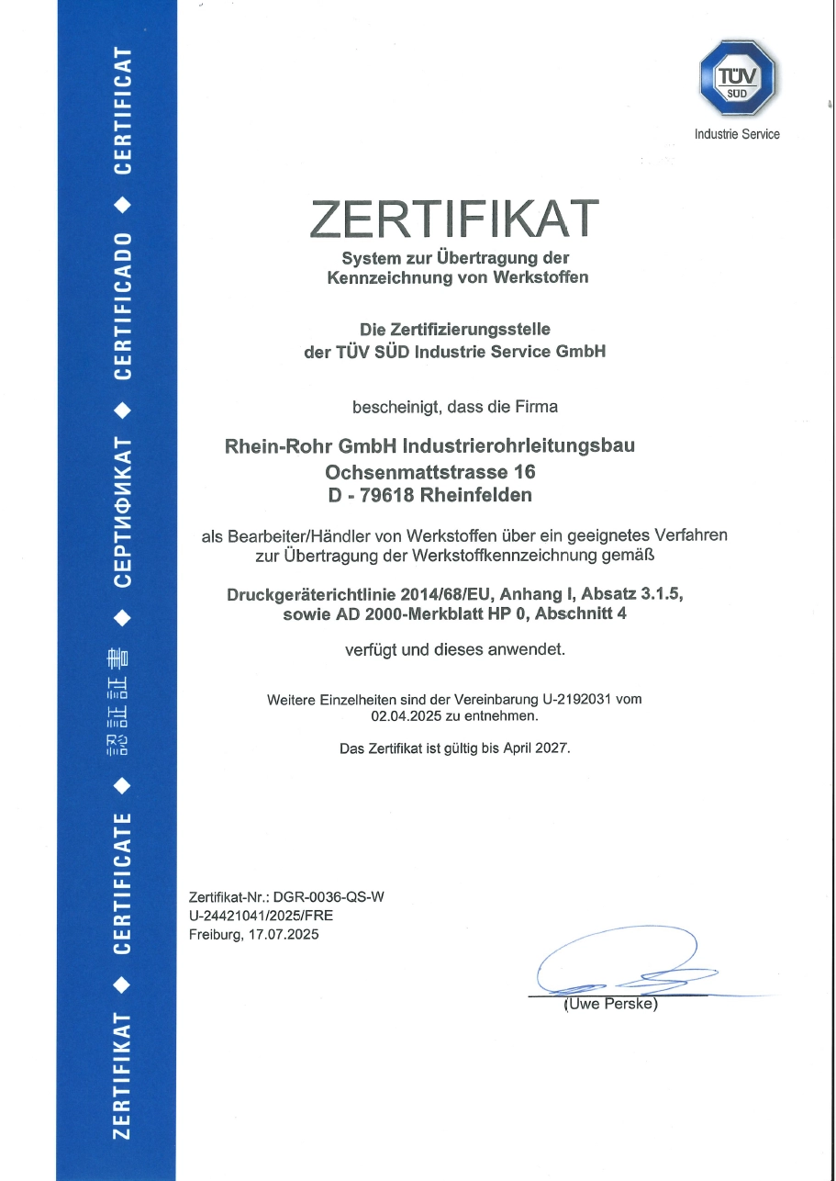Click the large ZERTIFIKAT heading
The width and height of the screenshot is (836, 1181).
(x=455, y=218)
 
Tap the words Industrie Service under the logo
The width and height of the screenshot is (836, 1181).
(x=737, y=134)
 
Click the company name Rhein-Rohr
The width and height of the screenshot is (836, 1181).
(x=279, y=446)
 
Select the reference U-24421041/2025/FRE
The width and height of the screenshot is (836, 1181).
(x=253, y=916)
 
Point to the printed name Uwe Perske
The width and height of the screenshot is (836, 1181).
(x=610, y=1004)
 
